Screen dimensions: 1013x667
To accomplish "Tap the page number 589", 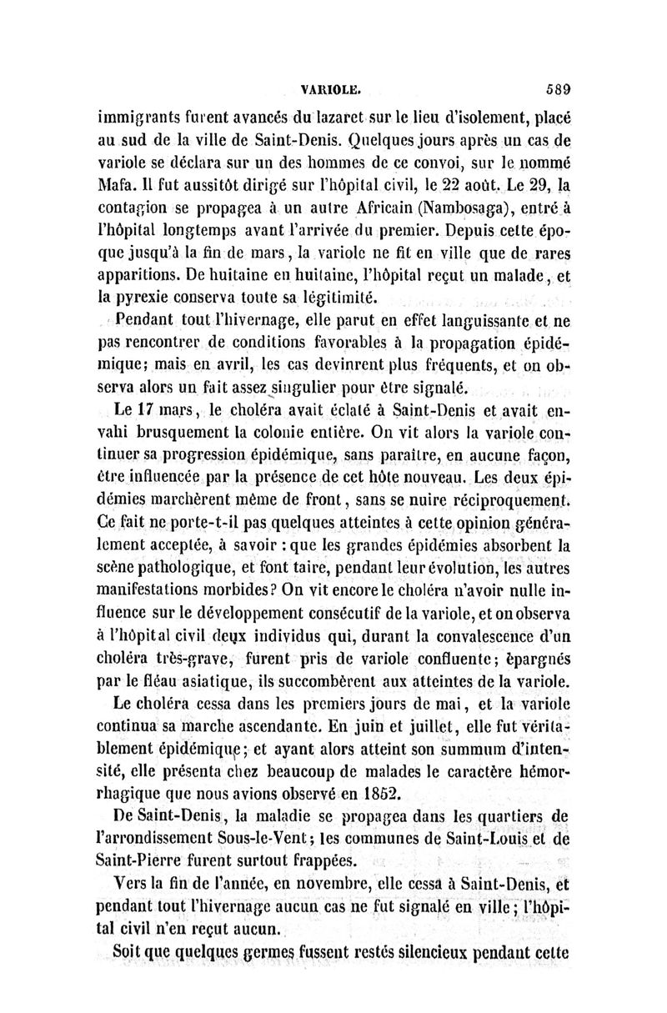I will click(550, 85).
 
